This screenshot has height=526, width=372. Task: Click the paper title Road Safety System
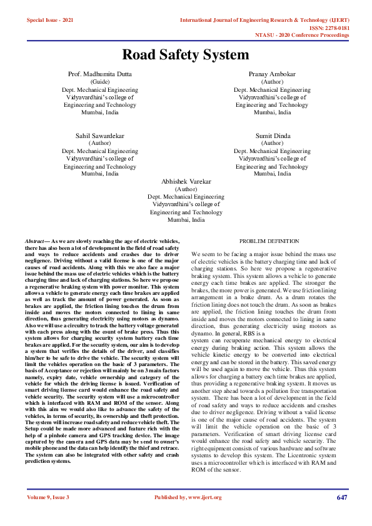click(x=186, y=54)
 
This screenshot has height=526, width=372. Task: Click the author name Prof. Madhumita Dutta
click(x=100, y=74)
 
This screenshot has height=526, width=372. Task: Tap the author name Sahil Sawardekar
click(x=100, y=136)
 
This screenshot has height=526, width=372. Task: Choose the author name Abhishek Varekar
click(x=186, y=181)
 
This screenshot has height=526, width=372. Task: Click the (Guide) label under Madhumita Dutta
click(x=100, y=82)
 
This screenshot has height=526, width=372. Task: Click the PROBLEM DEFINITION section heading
click(x=269, y=241)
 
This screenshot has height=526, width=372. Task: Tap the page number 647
click(x=341, y=497)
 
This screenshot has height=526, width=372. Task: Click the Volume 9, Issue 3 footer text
click(x=48, y=497)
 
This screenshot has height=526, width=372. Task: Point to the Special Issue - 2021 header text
click(x=50, y=20)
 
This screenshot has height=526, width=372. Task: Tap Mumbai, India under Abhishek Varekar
click(x=186, y=219)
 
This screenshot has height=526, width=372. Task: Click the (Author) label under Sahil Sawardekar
click(x=100, y=143)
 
